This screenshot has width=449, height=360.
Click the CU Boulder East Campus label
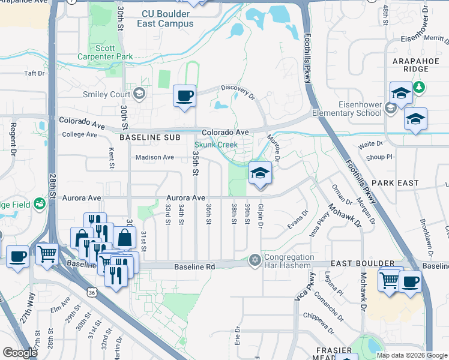[x=167, y=19]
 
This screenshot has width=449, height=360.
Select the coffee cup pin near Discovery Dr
[x=185, y=95]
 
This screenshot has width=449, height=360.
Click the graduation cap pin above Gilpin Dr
[x=260, y=173]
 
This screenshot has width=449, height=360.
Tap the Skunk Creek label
[x=216, y=145]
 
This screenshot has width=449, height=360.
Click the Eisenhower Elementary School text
[x=351, y=108]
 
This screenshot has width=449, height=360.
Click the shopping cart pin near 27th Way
[x=47, y=253]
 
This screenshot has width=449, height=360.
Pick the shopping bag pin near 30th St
[x=124, y=238]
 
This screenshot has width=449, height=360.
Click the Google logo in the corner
[x=20, y=353]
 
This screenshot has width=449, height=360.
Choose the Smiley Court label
[x=112, y=94]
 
